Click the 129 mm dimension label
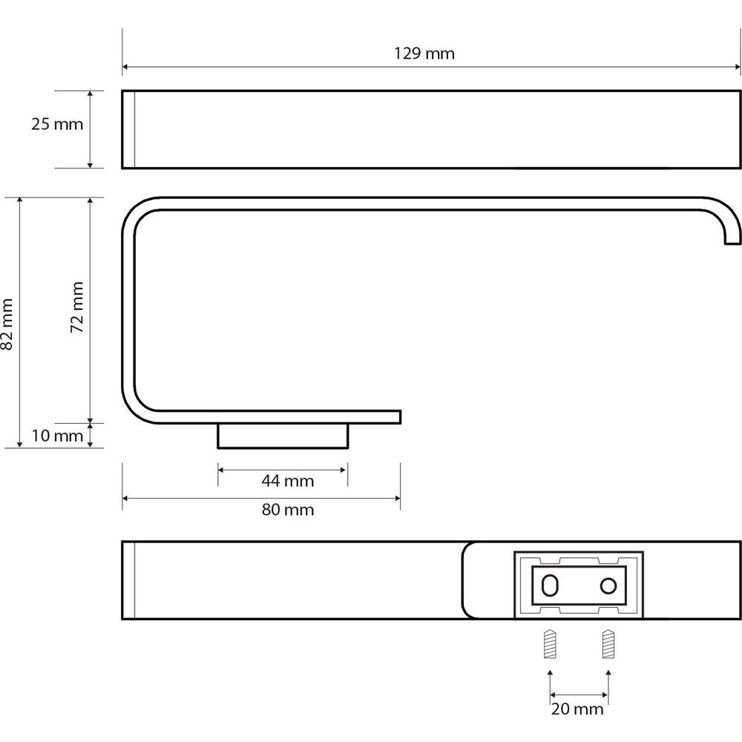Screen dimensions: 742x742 (424, 53)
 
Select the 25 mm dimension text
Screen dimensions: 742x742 (57, 124)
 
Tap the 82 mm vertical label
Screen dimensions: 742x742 (7, 324)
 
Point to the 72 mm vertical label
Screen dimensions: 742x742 (76, 307)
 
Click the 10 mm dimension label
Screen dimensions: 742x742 (57, 436)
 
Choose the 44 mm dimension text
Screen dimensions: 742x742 (288, 482)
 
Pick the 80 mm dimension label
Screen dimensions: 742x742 (288, 510)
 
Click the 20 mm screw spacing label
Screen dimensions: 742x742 (577, 709)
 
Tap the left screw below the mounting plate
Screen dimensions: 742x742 (550, 643)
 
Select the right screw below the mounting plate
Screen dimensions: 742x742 (608, 643)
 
